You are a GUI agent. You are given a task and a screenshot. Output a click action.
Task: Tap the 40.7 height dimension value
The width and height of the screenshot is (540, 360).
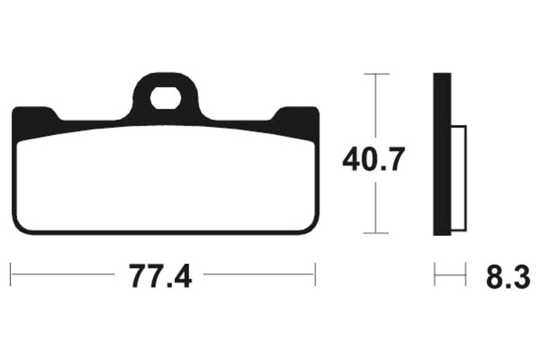pos(373,160)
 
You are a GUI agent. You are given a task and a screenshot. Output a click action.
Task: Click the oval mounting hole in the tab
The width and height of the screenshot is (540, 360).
pos(165,100)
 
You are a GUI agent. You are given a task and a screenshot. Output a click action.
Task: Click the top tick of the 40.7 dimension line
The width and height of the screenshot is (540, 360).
pos(376,74)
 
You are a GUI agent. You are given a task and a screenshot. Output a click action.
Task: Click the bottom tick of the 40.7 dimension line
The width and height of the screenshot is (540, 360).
pos(376,233)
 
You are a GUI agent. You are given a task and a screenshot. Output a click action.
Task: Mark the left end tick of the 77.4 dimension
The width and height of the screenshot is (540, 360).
pos(11,275)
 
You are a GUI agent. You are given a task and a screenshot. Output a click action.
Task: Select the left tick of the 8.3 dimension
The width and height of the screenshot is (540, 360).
pos(435,275)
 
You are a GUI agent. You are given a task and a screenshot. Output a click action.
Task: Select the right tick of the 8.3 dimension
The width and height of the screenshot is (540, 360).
pos(466,275)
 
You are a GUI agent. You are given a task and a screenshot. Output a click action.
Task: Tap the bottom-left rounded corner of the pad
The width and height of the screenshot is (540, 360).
pos(18,226)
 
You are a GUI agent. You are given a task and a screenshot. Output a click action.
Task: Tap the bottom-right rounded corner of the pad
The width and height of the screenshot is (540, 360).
pos(312,226)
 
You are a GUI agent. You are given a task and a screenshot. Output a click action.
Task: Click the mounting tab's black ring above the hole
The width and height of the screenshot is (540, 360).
pos(165,80)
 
